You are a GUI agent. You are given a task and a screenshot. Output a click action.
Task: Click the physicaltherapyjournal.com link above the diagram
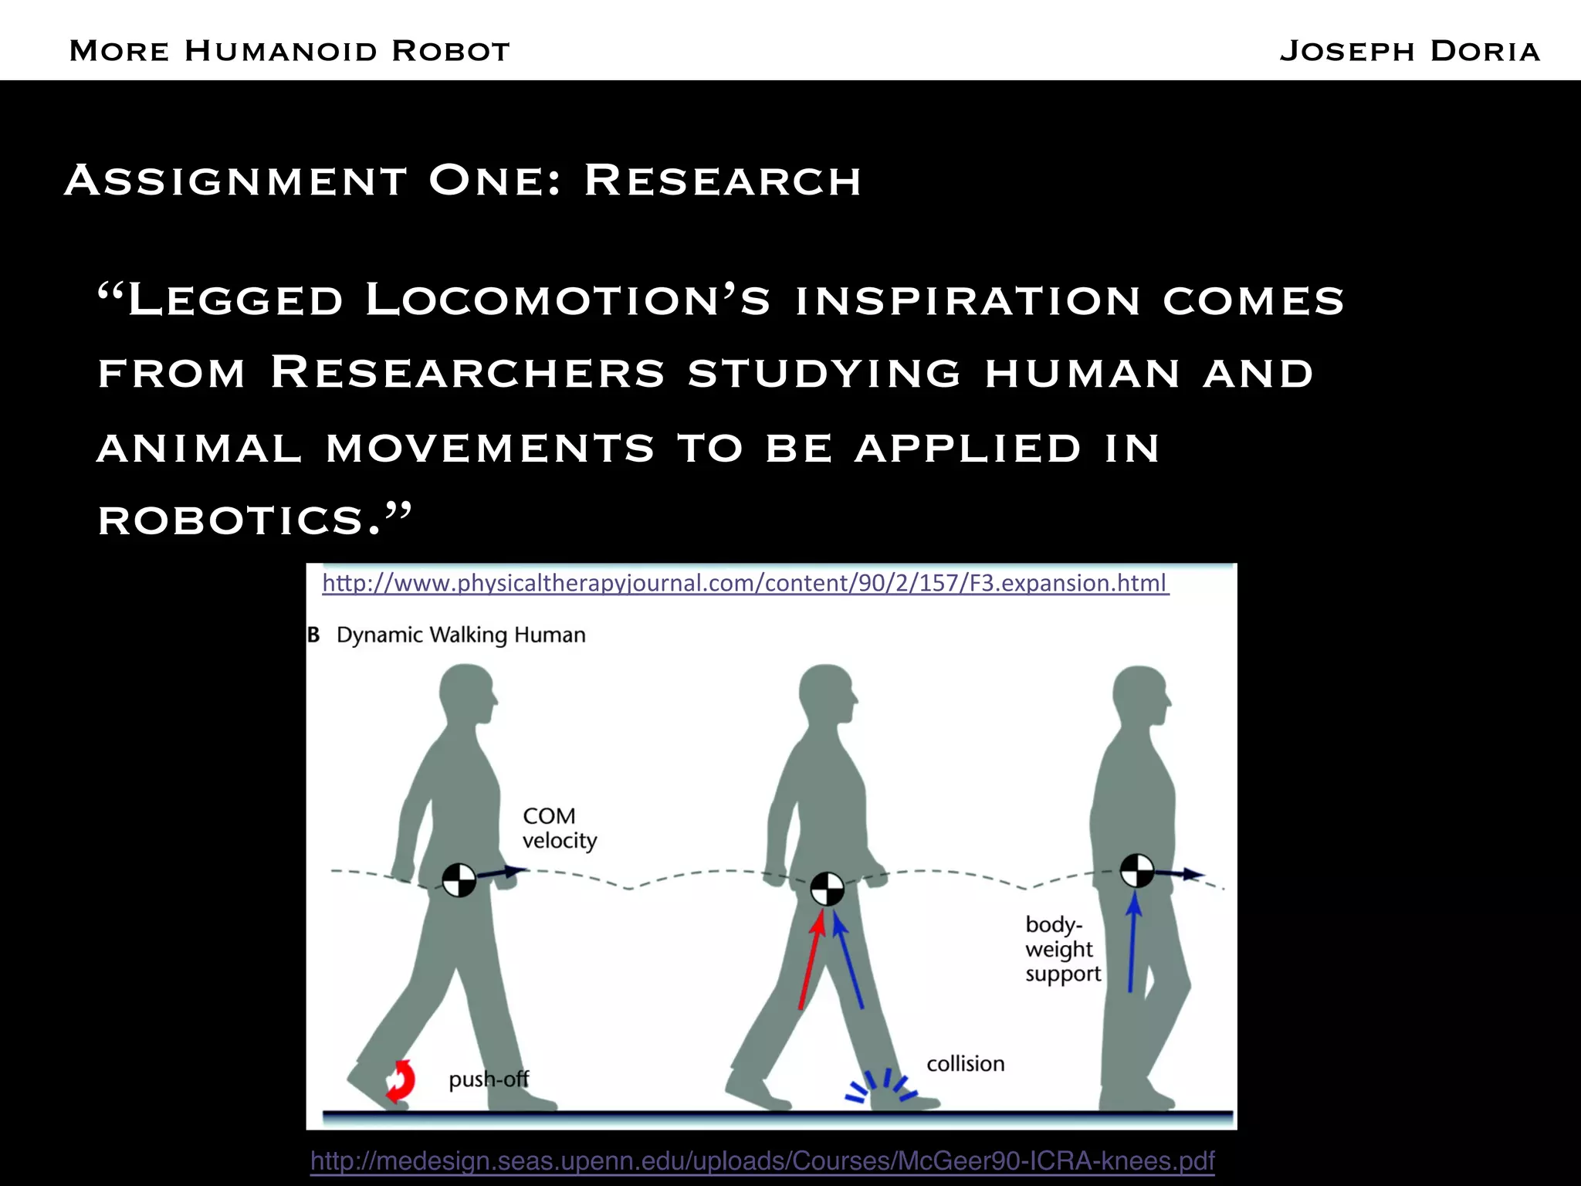tap(745, 583)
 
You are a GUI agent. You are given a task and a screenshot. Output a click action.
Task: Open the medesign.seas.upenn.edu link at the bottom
tap(762, 1161)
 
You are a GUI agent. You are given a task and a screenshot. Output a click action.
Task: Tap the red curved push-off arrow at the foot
tap(400, 1080)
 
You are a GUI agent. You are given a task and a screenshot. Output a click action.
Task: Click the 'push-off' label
tap(489, 1079)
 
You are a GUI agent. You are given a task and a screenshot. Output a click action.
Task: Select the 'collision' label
tap(965, 1064)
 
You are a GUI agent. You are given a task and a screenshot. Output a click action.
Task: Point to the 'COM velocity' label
tap(559, 829)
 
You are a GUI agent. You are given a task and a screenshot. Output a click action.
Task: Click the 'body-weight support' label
tap(1062, 949)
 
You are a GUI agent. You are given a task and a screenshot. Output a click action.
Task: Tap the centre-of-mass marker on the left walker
tap(459, 879)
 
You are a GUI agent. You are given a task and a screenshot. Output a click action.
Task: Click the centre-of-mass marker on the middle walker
tap(827, 889)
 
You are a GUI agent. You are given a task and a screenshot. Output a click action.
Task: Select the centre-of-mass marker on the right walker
tap(1136, 871)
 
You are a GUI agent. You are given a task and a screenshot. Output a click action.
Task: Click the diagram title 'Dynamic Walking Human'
tap(461, 635)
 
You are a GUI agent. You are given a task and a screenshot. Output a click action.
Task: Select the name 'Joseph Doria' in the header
tap(1409, 51)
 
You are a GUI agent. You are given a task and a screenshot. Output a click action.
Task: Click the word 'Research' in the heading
tap(722, 181)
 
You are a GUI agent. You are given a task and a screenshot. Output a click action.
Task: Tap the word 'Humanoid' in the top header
tap(281, 51)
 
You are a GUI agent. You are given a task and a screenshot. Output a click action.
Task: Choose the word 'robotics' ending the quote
tap(232, 520)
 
